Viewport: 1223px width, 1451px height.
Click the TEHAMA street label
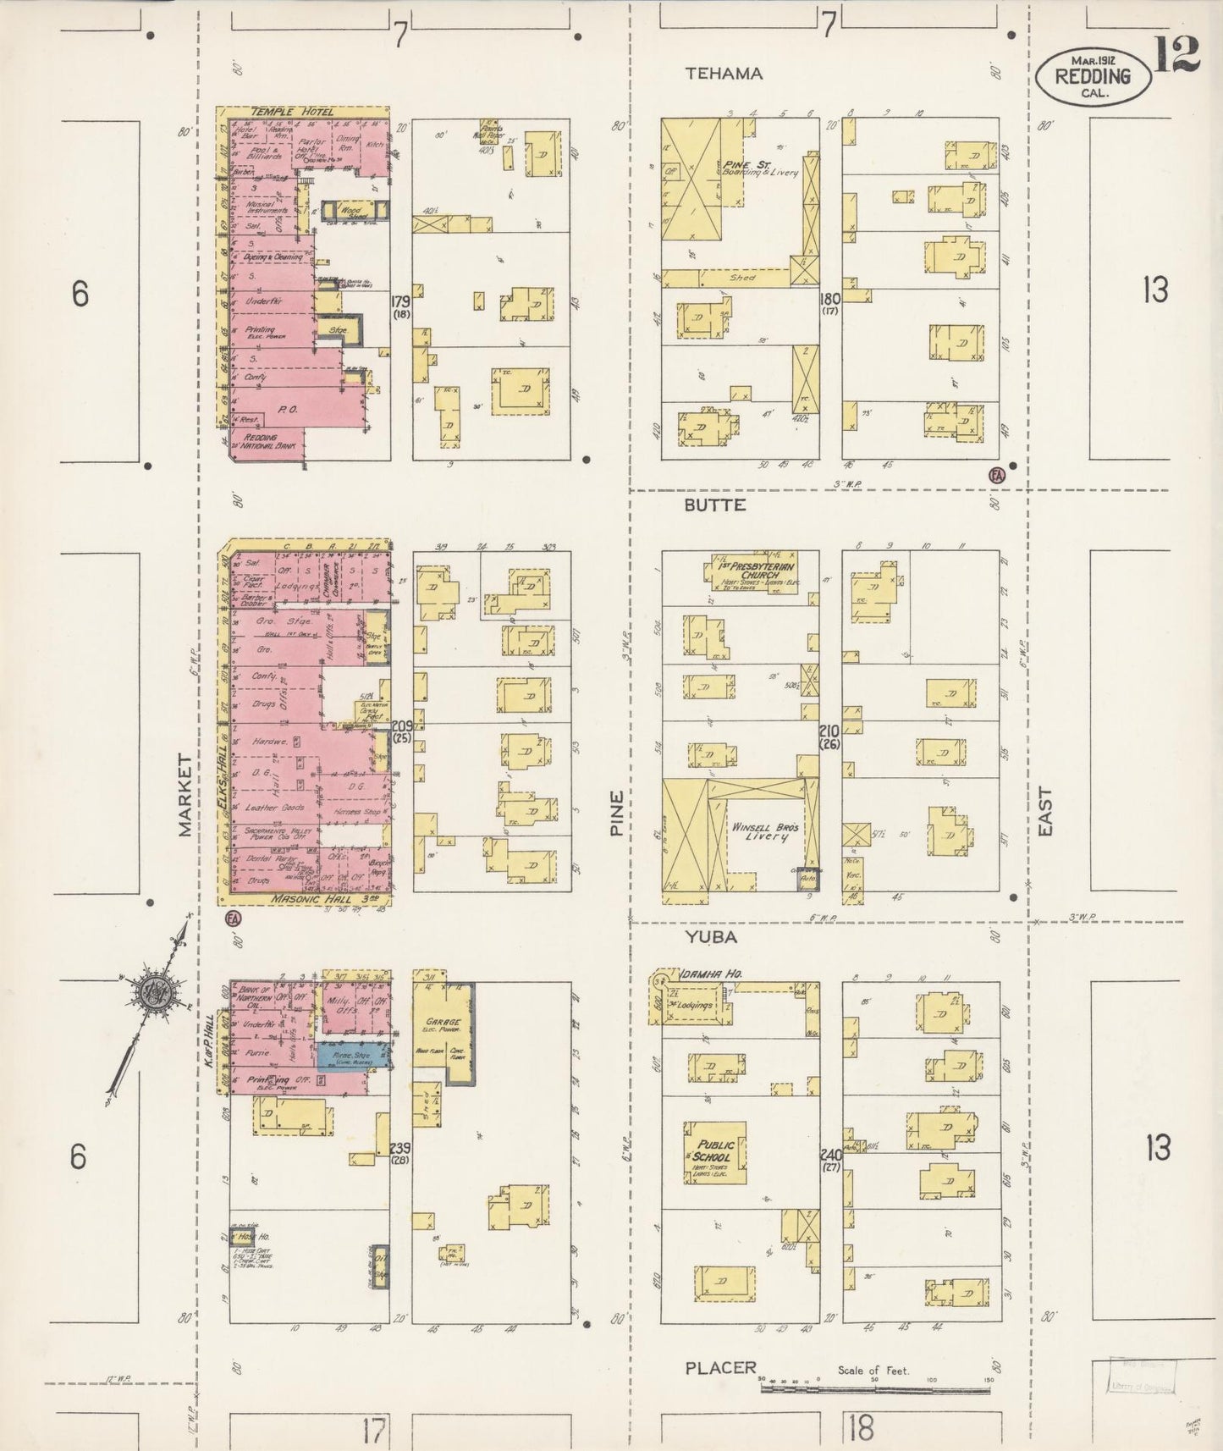click(724, 74)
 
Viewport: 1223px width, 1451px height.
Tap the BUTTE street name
click(715, 505)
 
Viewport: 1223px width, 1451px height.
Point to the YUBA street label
click(711, 937)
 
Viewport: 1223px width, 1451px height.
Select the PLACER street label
click(720, 1368)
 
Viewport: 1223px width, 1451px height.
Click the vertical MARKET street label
click(186, 796)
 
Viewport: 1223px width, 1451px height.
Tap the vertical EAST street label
click(1045, 813)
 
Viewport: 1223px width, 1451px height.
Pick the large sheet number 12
click(1176, 57)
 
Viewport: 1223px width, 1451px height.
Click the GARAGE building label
click(443, 1022)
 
